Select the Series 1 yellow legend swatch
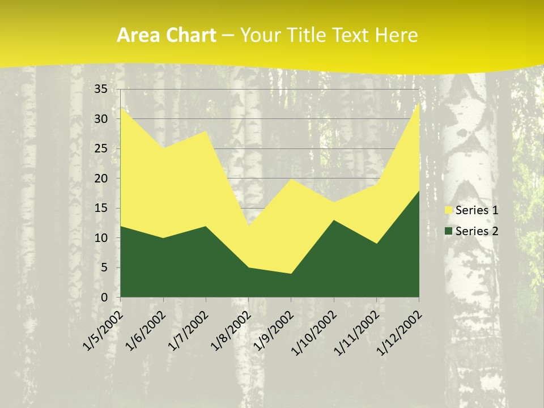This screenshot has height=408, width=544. point(449,210)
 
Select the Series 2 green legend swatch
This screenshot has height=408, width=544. point(449,231)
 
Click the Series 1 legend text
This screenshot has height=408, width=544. point(477,210)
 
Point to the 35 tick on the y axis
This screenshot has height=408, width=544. point(101,89)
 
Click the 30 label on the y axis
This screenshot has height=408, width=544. point(101,119)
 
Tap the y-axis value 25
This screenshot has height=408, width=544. point(101,148)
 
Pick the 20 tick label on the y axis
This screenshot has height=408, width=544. point(101,178)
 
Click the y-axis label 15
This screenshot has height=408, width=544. point(101,208)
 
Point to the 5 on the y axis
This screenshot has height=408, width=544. point(104,267)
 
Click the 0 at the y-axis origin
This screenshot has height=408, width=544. point(104,297)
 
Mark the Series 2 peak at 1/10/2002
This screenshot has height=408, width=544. point(334,220)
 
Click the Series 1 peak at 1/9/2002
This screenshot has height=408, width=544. point(291,178)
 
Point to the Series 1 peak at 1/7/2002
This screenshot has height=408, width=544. point(206,131)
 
